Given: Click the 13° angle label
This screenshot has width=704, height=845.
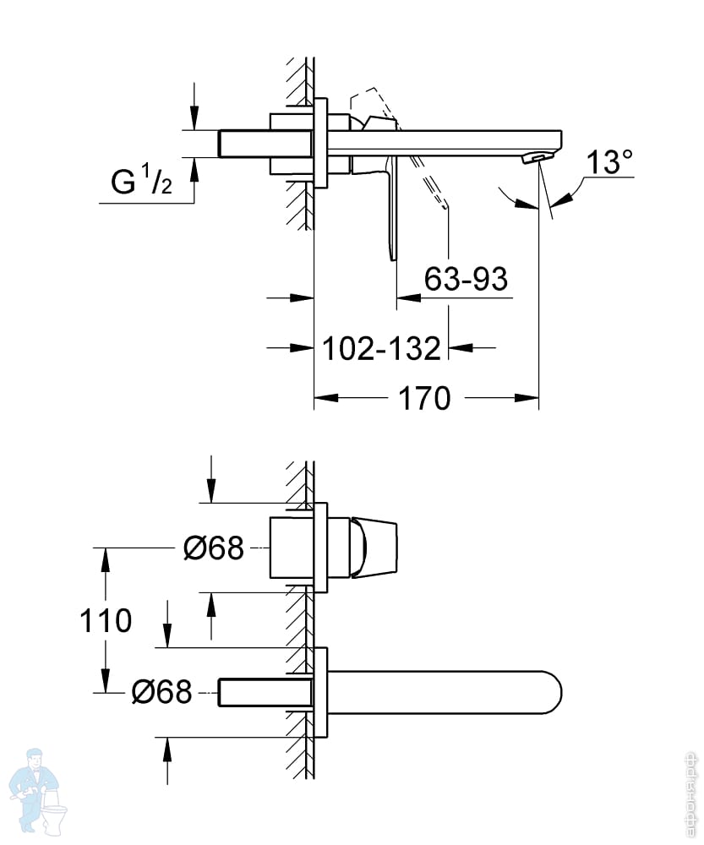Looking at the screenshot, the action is tap(609, 161).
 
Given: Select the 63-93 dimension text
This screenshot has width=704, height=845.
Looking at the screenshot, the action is tap(466, 279).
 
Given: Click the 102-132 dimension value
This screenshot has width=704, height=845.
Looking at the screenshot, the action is tap(382, 348).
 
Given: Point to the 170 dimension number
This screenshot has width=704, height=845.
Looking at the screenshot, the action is tap(424, 399).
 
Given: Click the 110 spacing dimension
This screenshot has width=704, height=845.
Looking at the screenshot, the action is tap(106, 620).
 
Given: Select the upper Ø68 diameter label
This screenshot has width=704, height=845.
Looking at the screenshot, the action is tap(214, 548).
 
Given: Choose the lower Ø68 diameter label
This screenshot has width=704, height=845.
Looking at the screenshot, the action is tap(161, 691).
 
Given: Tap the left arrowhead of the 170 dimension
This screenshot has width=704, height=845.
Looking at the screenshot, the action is tap(326, 398).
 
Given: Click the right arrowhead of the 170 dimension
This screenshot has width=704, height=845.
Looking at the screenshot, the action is tap(527, 398).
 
